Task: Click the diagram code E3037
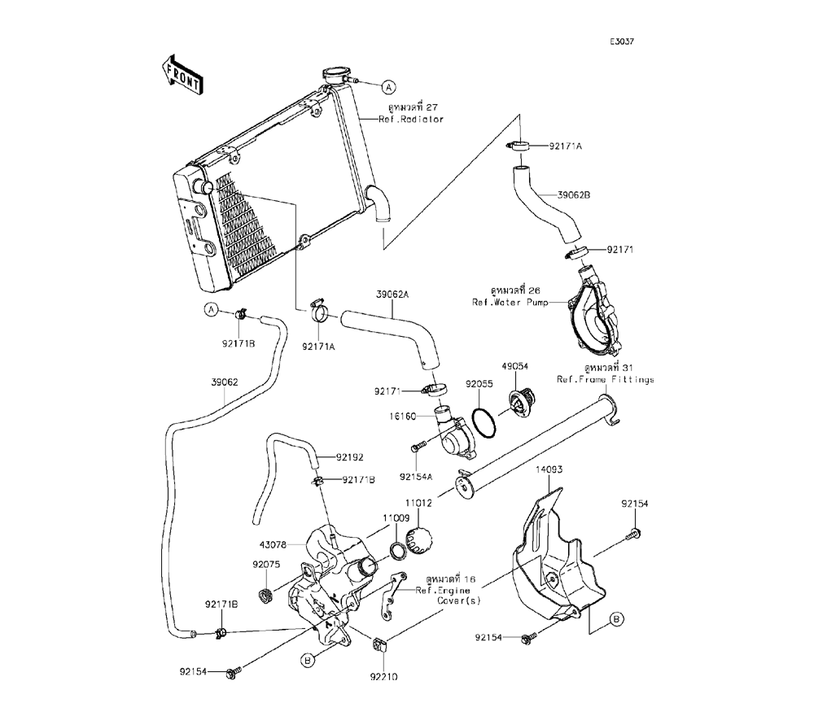click(x=624, y=41)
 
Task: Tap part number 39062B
click(x=620, y=195)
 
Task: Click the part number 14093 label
click(x=549, y=469)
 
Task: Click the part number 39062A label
click(x=392, y=294)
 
